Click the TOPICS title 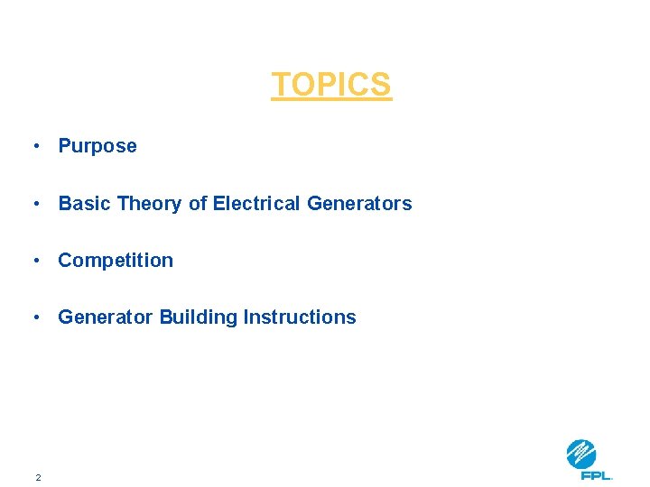(331, 85)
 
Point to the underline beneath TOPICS (331, 100)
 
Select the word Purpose (97, 146)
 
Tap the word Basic (85, 204)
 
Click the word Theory (149, 204)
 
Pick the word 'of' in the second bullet (198, 204)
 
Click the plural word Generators (359, 204)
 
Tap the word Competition (116, 261)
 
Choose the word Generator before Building (106, 317)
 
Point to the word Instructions (300, 317)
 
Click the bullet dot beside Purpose (34, 146)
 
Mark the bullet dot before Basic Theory (34, 204)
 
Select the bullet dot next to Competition (34, 261)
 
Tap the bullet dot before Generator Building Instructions (34, 317)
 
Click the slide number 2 (38, 477)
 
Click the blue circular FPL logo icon (581, 454)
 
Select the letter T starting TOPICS (281, 85)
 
